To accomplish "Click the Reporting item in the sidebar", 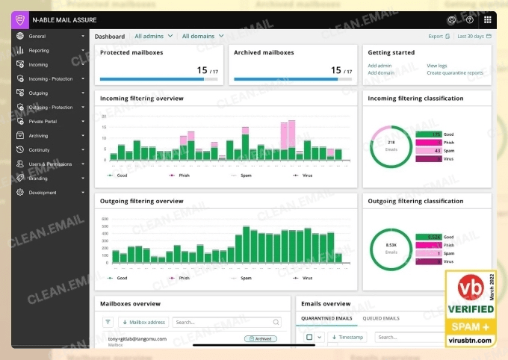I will point(39,50).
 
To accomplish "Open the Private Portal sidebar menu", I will point(43,121).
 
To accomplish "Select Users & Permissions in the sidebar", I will point(50,164).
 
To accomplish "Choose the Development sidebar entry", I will point(43,192).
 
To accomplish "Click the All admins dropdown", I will point(153,36).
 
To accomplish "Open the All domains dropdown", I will point(202,36).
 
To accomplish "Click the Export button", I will point(439,36).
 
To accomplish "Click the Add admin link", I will point(380,66).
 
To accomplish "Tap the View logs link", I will point(437,66).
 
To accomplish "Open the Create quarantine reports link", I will point(454,73).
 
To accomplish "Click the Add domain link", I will point(381,73).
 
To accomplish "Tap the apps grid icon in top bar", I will point(488,20).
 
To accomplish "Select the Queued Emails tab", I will point(381,318).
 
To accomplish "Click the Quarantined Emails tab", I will point(326,318).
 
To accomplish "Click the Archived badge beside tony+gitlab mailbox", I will point(261,338).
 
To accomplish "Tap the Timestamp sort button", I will point(348,337).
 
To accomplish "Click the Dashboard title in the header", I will point(110,36).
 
